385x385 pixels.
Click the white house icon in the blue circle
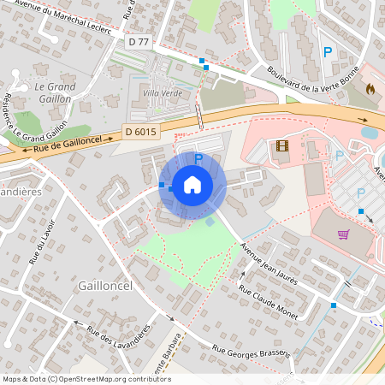[x=192, y=184]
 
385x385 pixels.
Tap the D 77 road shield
[x=138, y=41]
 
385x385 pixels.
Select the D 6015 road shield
[x=140, y=131]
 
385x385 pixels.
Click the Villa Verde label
[x=163, y=92]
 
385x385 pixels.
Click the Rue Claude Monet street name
[x=269, y=304]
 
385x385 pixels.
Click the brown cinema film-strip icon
[x=282, y=145]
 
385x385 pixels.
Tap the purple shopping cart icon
[x=344, y=234]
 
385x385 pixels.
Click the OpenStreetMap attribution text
[x=86, y=379]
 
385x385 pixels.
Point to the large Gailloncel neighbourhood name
[x=104, y=285]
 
